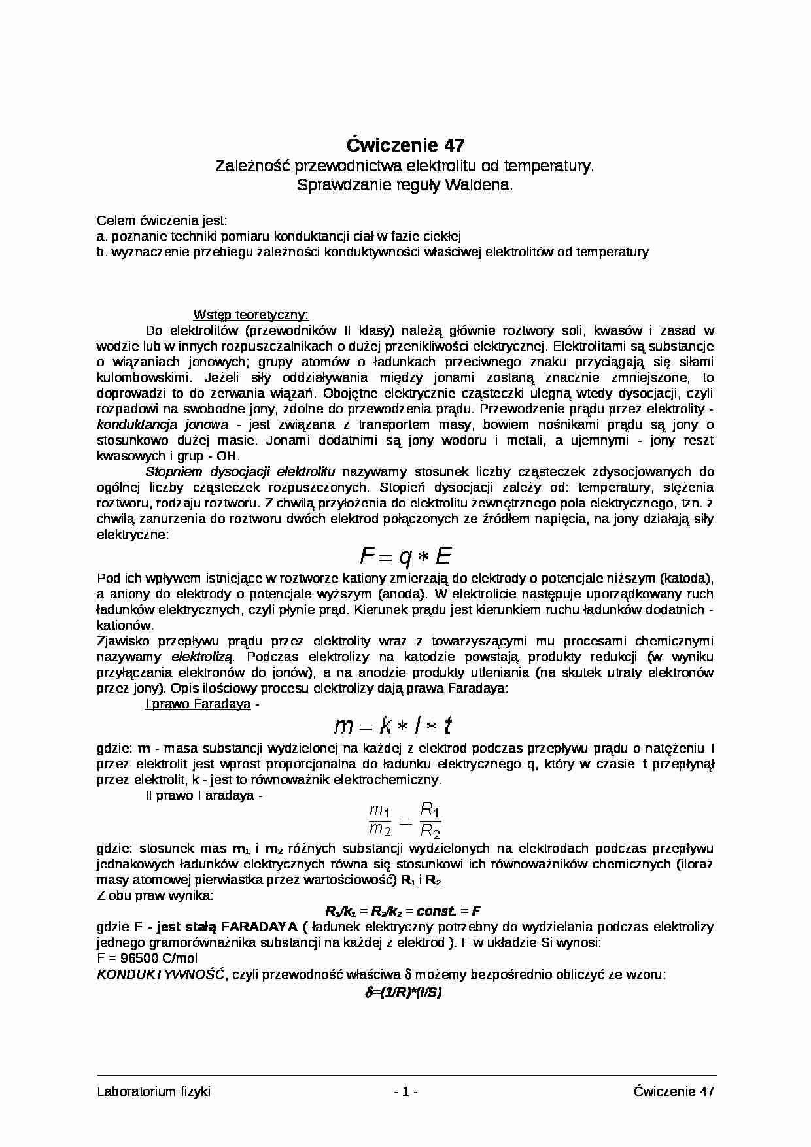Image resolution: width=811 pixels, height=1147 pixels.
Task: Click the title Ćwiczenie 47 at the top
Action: (405, 144)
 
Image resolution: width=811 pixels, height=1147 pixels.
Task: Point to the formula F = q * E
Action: (405, 556)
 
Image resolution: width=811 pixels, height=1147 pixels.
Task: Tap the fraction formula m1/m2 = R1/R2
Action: (405, 821)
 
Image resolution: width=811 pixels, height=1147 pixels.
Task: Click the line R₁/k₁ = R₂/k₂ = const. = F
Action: (404, 911)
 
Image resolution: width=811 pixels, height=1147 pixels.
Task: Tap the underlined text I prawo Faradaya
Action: (198, 704)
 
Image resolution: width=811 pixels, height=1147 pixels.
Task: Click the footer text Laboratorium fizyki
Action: (154, 1091)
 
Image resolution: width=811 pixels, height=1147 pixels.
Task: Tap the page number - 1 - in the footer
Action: (405, 1091)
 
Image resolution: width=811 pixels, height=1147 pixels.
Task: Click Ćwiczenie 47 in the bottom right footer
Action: (674, 1091)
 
